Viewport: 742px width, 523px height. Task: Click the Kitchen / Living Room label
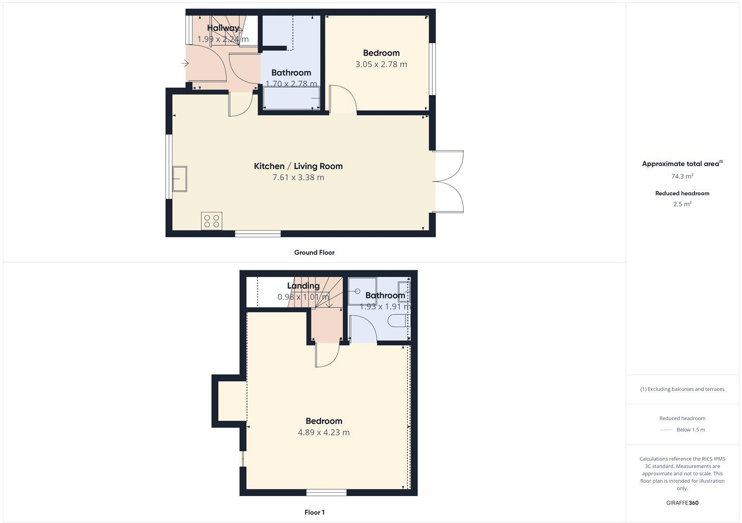pos(298,166)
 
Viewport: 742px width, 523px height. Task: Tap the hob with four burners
pos(211,220)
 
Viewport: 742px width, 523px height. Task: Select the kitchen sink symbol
pos(179,179)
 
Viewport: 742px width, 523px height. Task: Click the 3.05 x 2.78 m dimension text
pos(381,64)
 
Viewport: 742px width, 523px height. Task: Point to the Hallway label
pos(223,28)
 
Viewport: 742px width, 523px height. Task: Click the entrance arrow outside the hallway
pos(185,63)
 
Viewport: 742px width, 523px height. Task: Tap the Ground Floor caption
pos(314,253)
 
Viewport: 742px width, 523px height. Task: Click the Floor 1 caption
pos(314,512)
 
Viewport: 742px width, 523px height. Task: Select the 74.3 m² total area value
pos(682,176)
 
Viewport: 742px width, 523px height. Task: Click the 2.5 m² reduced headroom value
pos(682,204)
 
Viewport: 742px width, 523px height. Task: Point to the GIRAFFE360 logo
pos(682,503)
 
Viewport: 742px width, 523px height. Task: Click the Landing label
pos(303,286)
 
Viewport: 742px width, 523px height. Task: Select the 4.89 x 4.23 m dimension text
pos(324,433)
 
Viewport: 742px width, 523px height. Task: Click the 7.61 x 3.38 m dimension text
pos(298,177)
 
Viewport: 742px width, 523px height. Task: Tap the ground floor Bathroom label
pos(291,73)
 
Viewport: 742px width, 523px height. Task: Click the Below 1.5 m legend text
pos(691,430)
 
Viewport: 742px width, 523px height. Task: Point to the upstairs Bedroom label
pos(324,421)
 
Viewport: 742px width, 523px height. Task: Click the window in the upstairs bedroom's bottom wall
pos(326,492)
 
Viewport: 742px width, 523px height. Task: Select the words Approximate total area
pos(680,164)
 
